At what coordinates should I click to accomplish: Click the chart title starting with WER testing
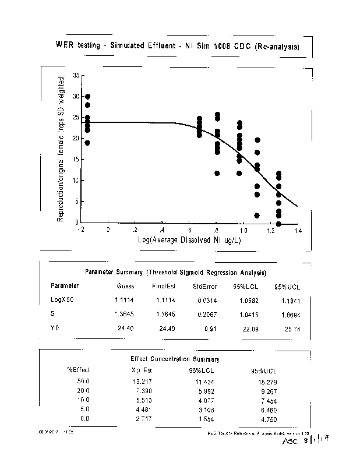pyautogui.click(x=178, y=45)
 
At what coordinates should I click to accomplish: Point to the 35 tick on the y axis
pyautogui.click(x=76, y=76)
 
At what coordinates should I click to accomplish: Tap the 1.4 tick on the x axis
pyautogui.click(x=297, y=231)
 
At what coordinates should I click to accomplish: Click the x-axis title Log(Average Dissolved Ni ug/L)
pyautogui.click(x=189, y=240)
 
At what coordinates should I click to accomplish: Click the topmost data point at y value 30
pyautogui.click(x=88, y=97)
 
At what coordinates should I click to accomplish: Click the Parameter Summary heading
pyautogui.click(x=176, y=272)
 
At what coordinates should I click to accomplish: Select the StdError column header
pyautogui.click(x=204, y=286)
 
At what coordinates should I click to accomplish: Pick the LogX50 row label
pyautogui.click(x=62, y=299)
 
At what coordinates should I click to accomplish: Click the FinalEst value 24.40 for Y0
pyautogui.click(x=160, y=329)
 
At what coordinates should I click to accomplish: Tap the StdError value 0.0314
pyautogui.click(x=204, y=299)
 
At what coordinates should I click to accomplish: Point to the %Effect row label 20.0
pyautogui.click(x=83, y=391)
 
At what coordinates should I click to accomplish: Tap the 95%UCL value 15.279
pyautogui.click(x=264, y=382)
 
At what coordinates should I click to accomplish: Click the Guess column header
pyautogui.click(x=125, y=286)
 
